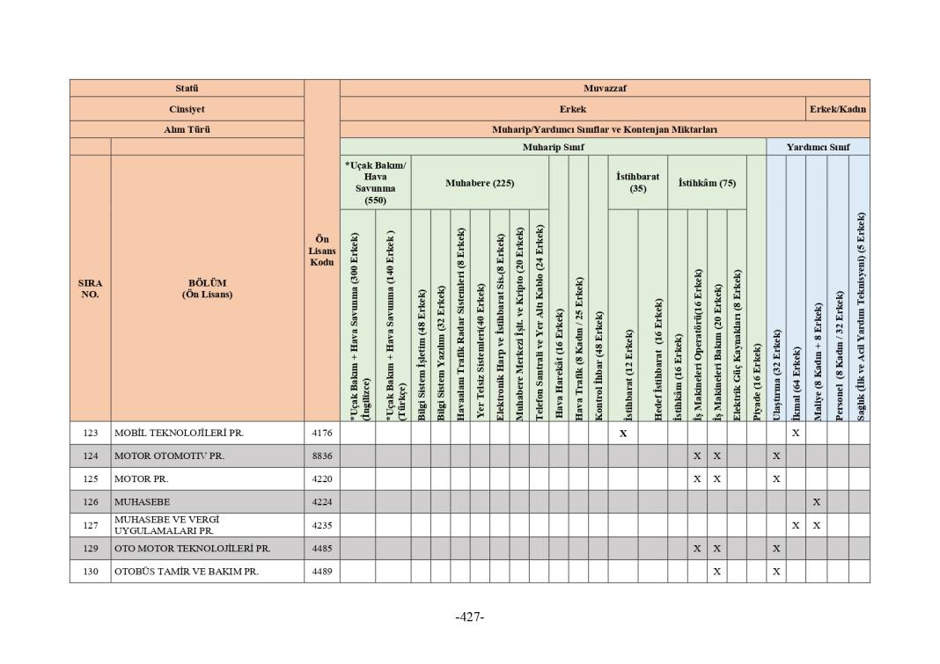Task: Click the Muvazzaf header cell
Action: coord(604,88)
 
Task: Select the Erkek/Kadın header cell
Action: coord(838,109)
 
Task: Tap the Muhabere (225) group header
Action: coord(479,183)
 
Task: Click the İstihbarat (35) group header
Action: coord(637,182)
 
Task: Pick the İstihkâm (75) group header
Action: coord(707,183)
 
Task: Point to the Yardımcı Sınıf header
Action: coord(818,147)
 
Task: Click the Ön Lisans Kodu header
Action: coord(321,251)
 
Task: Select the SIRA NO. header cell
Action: coord(90,288)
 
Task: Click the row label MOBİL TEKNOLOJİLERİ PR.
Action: coord(179,434)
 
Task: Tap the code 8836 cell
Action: coord(321,456)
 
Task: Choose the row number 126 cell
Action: coord(90,502)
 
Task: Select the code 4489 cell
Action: coord(321,571)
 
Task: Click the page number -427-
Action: coord(470,617)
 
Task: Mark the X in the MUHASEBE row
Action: coord(816,502)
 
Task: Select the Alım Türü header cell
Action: coord(187,129)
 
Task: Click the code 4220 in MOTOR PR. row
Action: coord(321,479)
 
